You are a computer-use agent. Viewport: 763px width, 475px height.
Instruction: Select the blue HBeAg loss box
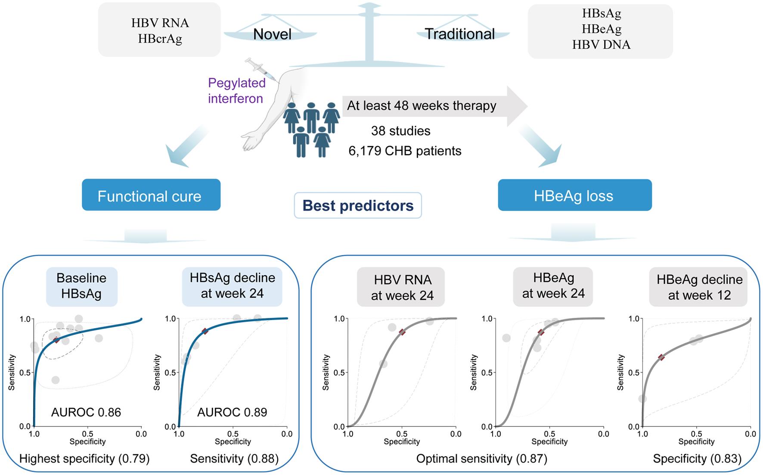(574, 196)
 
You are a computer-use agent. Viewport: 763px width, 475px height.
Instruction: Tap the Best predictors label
(358, 205)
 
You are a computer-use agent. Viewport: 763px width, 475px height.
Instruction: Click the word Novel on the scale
(272, 34)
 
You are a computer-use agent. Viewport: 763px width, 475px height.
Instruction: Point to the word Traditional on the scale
(459, 34)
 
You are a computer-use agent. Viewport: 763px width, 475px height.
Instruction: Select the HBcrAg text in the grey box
(160, 39)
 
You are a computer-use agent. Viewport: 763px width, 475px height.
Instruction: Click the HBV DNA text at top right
(601, 44)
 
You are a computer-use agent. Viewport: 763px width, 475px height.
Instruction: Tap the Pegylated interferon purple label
(236, 90)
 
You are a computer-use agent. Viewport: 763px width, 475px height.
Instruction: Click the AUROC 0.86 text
(86, 412)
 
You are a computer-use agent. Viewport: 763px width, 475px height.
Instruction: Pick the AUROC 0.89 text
(232, 412)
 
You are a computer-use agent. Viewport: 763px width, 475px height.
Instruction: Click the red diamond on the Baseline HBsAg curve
(56, 340)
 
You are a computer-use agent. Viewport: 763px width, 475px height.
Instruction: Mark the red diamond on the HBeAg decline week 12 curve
(661, 357)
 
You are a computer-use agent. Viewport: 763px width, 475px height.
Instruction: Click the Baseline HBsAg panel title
(81, 286)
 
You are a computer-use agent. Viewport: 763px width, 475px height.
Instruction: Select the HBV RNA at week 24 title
(402, 288)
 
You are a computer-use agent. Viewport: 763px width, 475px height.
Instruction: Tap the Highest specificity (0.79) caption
(84, 459)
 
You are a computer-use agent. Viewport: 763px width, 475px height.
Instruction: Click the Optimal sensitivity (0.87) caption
(481, 459)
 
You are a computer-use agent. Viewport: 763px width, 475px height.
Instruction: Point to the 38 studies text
(400, 131)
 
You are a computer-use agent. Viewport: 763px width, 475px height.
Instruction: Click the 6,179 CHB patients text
(405, 151)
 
